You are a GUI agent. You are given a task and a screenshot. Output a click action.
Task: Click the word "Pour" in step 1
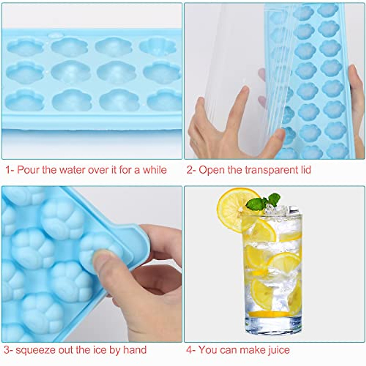click(28, 170)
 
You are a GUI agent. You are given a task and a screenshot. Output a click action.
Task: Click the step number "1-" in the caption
click(10, 170)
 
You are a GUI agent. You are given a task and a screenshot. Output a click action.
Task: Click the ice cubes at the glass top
click(276, 210)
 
